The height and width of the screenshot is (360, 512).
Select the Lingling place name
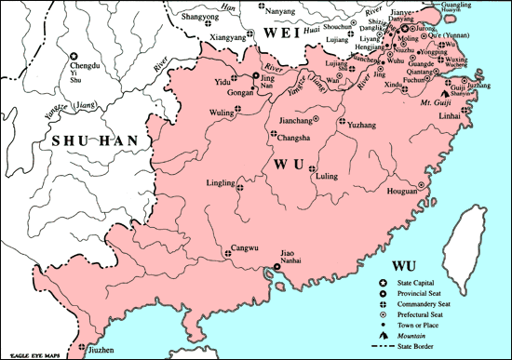coord(223,184)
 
